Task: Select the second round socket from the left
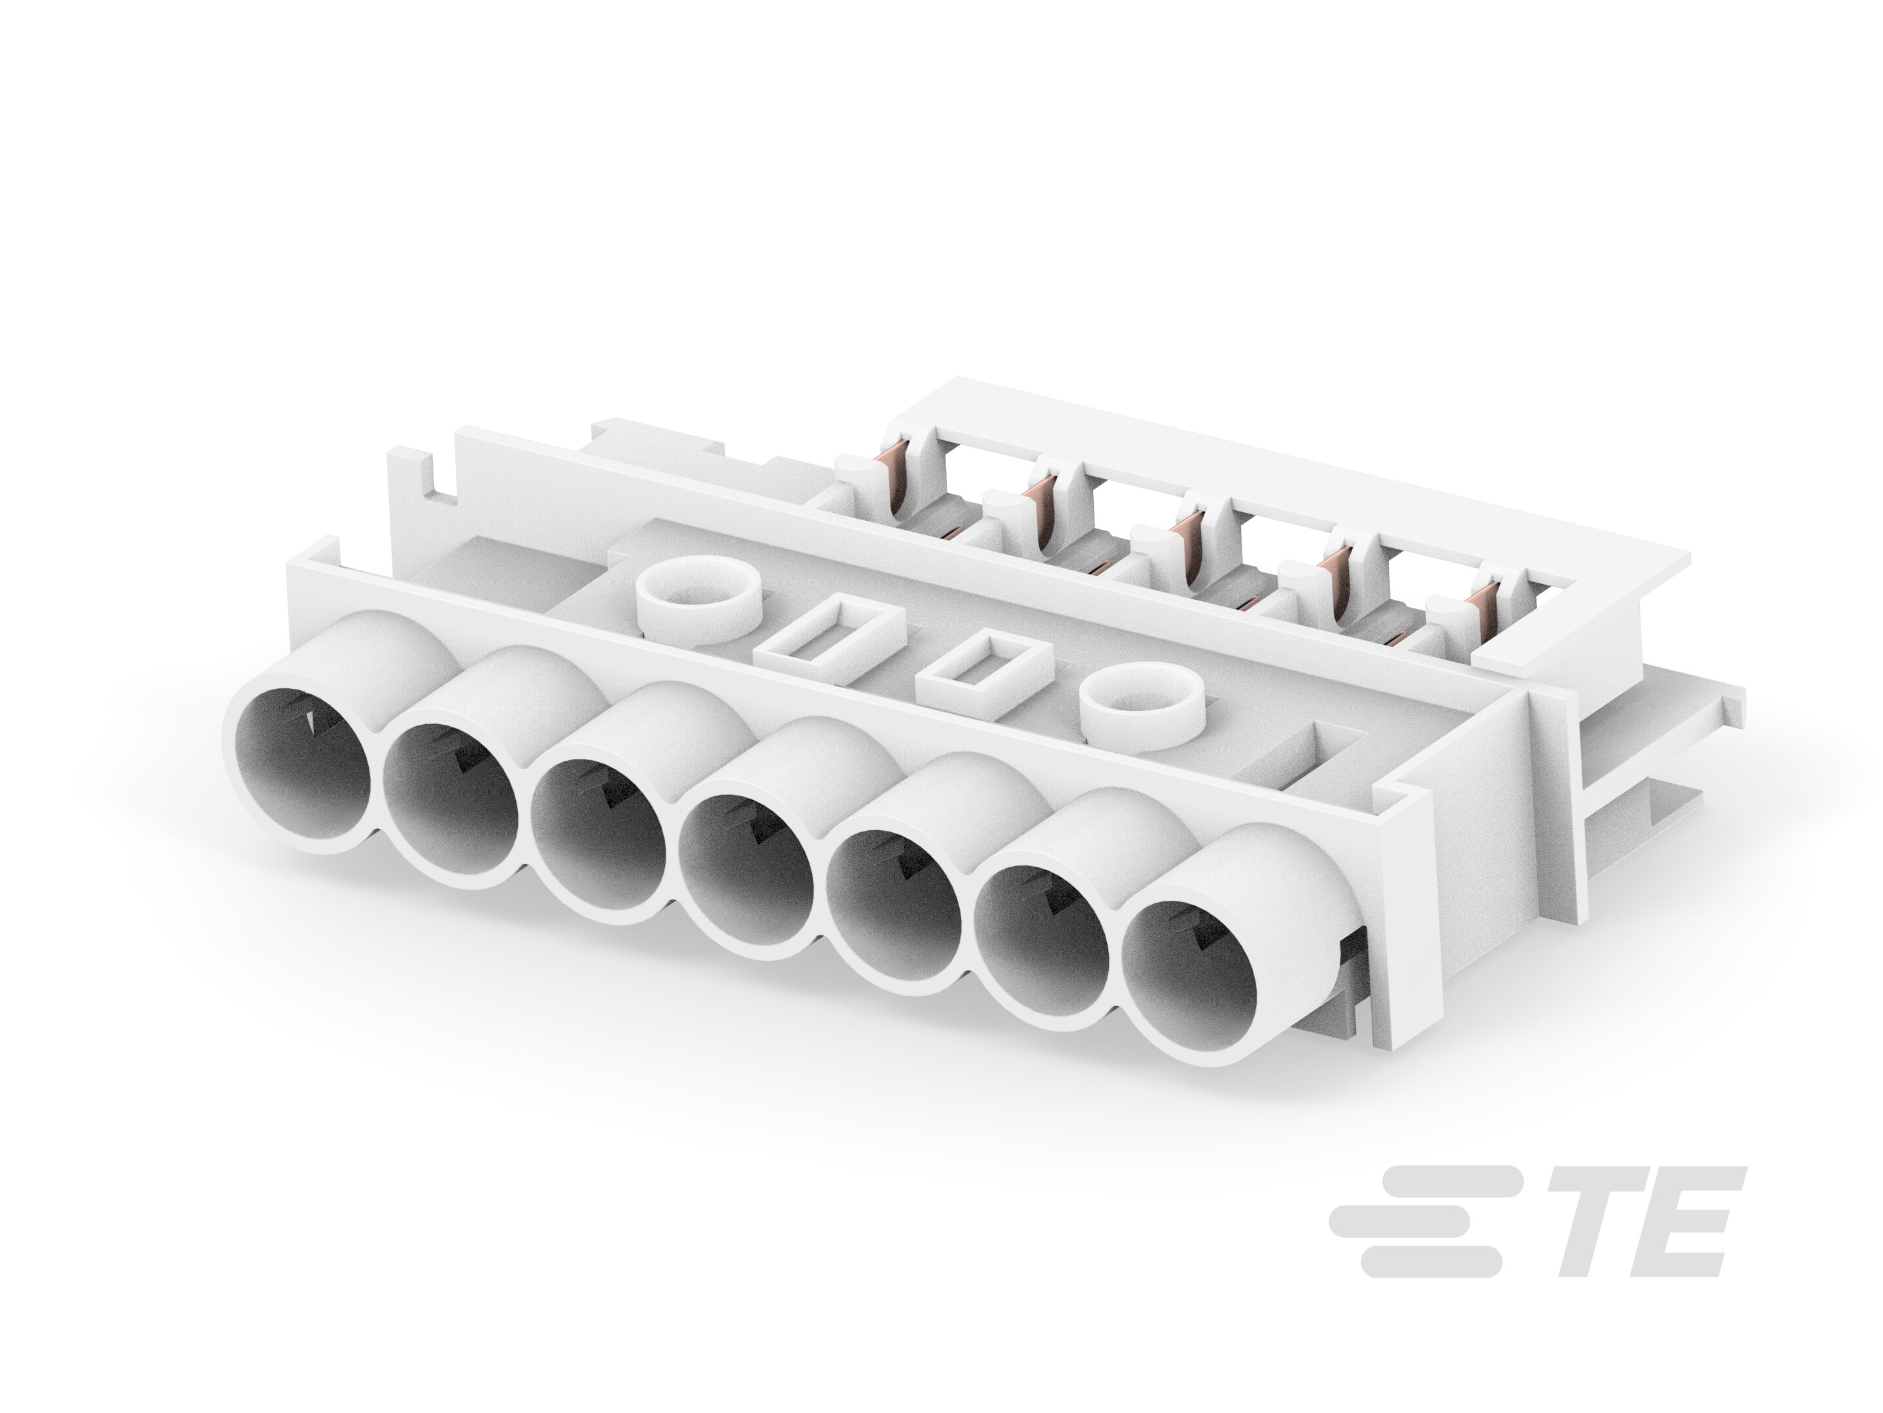coord(451,810)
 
